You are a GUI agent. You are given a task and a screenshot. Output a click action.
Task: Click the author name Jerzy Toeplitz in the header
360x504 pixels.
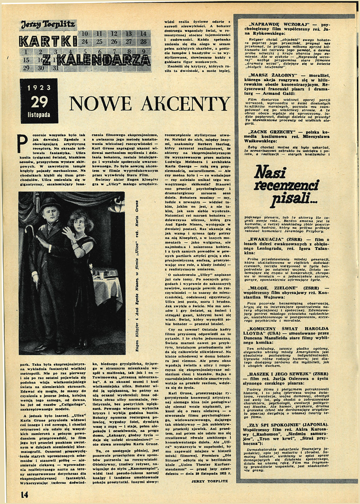click(48, 24)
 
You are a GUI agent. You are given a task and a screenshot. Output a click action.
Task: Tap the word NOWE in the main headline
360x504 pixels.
click(105, 103)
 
